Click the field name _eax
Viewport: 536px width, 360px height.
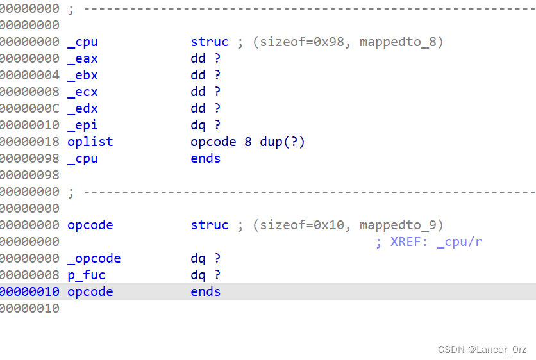click(83, 59)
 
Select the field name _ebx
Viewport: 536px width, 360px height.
click(83, 76)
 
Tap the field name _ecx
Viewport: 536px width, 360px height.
click(83, 92)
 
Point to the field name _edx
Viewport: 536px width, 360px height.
click(83, 109)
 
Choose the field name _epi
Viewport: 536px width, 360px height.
click(83, 126)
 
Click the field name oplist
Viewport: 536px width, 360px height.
click(90, 142)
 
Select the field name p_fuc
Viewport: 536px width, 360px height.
click(86, 275)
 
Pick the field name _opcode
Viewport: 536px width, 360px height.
click(94, 259)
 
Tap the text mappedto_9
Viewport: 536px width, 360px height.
click(401, 225)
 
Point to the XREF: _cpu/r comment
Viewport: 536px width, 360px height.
click(429, 242)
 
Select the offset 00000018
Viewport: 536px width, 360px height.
click(29, 142)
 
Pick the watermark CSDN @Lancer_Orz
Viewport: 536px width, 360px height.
click(482, 350)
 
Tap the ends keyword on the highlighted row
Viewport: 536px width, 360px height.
click(205, 292)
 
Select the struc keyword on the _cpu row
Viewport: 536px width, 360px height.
click(209, 42)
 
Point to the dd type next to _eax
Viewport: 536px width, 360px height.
click(197, 59)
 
